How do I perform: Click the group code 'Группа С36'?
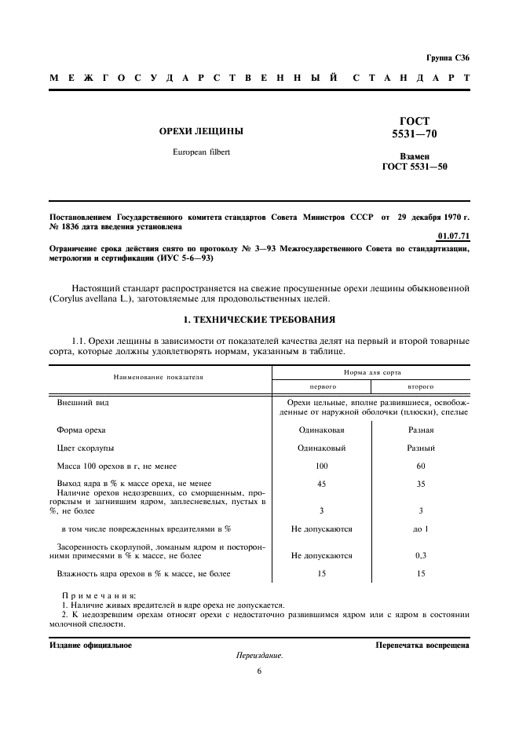448,57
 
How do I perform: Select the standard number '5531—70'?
415,134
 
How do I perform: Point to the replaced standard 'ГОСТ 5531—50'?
415,166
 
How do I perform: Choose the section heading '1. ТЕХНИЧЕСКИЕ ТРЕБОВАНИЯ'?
259,320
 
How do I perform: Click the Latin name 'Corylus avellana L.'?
86,299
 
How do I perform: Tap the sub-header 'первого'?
321,387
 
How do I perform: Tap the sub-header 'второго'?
420,387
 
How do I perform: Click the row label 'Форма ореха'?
81,430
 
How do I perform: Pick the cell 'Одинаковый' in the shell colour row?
321,448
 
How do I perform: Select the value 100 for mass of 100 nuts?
321,466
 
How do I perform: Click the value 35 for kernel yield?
420,484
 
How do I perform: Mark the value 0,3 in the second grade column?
420,555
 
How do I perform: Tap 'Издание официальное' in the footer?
90,645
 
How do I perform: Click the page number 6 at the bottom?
259,671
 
